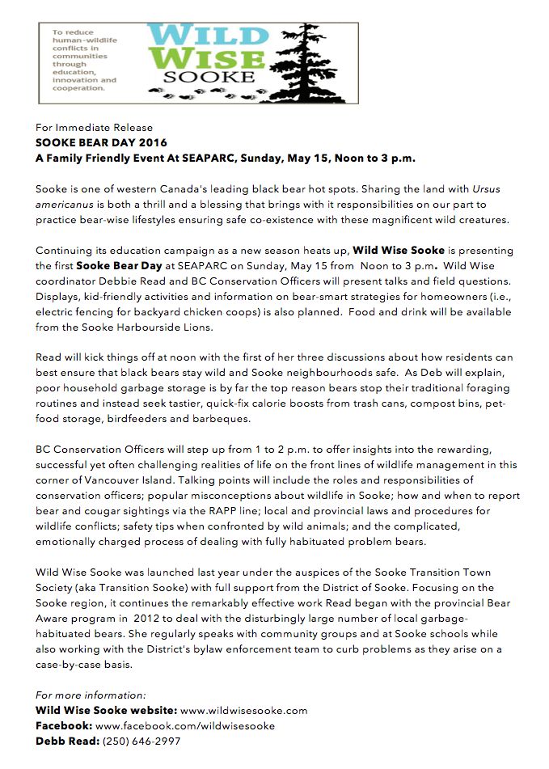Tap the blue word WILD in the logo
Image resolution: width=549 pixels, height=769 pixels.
coord(205,36)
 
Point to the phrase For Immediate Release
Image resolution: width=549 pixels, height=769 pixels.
coord(94,127)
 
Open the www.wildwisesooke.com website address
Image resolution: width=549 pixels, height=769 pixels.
coord(243,710)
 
